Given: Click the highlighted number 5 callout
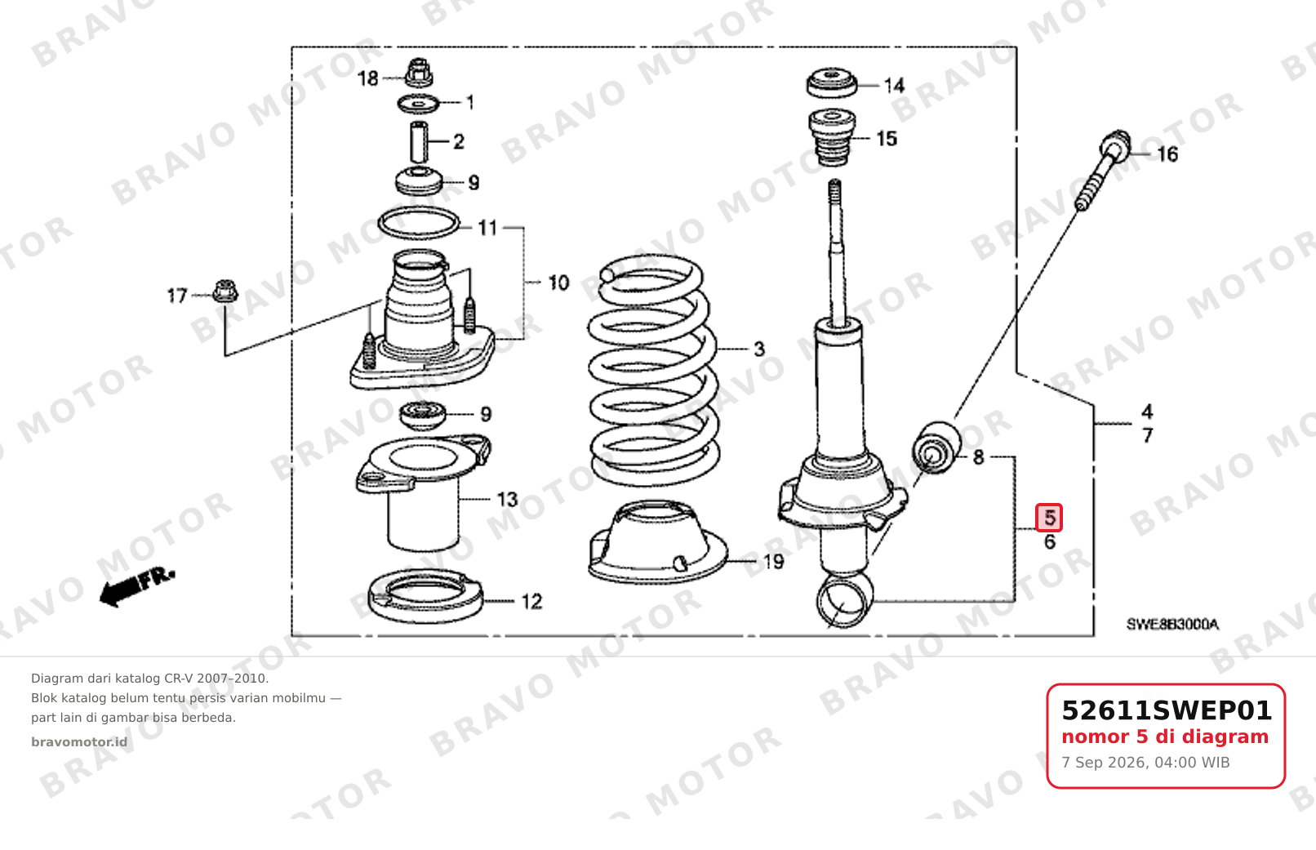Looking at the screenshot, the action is coord(1049,518).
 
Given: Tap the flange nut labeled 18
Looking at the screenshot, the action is coord(419,72).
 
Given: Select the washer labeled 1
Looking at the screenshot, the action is coord(418,105).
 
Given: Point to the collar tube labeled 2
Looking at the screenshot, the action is coord(418,141).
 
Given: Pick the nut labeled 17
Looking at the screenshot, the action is coord(225,291).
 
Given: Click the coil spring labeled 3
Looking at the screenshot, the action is coord(652,370).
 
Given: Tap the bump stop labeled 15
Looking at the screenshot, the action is coord(832,137).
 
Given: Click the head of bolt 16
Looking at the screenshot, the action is coord(1115,145).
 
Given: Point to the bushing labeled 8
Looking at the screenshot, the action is coord(936,447).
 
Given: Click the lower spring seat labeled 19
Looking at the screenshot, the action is coord(657,542).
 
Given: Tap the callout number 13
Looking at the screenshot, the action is coord(508,500).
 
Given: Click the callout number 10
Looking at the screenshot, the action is coord(558,283).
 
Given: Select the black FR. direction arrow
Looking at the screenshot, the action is coord(137,587).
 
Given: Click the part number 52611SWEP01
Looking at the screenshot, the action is coord(1167,710).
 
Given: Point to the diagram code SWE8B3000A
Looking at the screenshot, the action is coord(1172,625).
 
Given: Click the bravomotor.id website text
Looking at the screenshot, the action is coord(79,742).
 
